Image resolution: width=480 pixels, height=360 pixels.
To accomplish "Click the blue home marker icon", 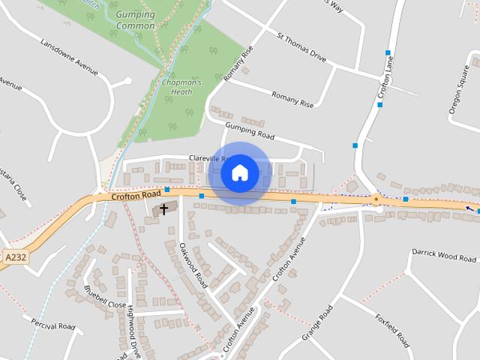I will tap(239, 172).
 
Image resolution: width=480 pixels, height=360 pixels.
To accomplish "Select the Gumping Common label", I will tap(136, 19).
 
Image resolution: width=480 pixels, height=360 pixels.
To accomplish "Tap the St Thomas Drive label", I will tap(301, 46).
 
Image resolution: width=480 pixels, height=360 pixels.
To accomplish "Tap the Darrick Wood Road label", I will tap(443, 256).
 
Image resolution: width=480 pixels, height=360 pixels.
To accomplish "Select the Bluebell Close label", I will tap(105, 297).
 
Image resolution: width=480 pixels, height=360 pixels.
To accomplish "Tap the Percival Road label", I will tap(54, 325).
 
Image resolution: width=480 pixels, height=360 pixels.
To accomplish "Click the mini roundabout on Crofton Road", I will tap(375, 199).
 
